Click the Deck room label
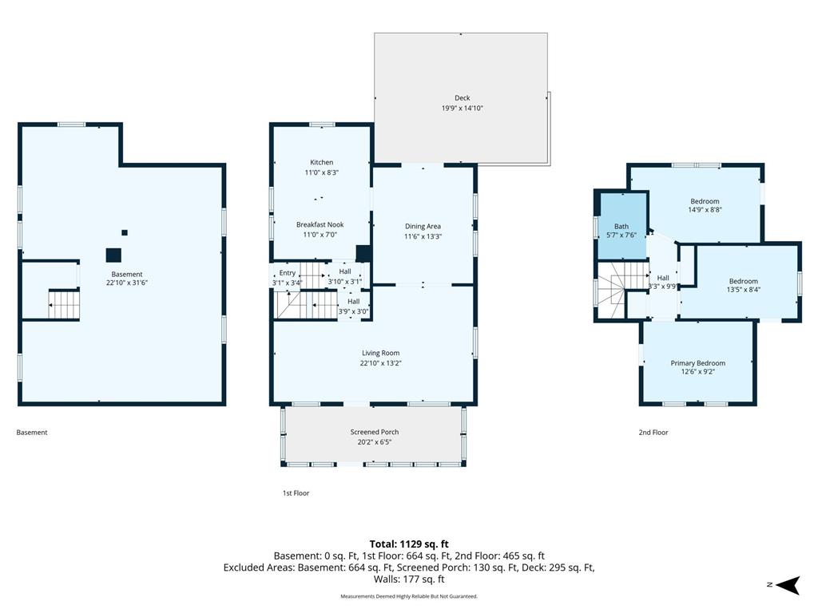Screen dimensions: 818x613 pyautogui.click(x=462, y=98)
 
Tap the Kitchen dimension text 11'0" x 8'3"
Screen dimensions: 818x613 pyautogui.click(x=321, y=172)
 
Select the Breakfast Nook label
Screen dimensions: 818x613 pyautogui.click(x=320, y=224)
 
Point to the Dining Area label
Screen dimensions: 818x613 pyautogui.click(x=423, y=226)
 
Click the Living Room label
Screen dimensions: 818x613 pyautogui.click(x=380, y=353)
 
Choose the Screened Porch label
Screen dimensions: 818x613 pyautogui.click(x=374, y=432)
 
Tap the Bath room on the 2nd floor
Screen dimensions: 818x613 pyautogui.click(x=622, y=226)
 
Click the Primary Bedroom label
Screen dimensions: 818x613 pyautogui.click(x=697, y=363)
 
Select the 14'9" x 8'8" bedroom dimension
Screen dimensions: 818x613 pyautogui.click(x=705, y=210)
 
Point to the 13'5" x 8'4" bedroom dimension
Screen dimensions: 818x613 pyautogui.click(x=744, y=290)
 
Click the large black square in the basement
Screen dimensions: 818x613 pyautogui.click(x=113, y=255)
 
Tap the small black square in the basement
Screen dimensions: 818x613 pyautogui.click(x=124, y=232)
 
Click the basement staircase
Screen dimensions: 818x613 pyautogui.click(x=64, y=304)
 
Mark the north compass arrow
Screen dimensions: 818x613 pyautogui.click(x=788, y=585)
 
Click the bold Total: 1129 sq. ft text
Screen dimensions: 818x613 pyautogui.click(x=409, y=544)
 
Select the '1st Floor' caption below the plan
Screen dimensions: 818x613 pyautogui.click(x=296, y=493)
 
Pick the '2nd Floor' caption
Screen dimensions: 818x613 pyautogui.click(x=653, y=432)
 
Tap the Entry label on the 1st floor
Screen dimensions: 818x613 pyautogui.click(x=287, y=273)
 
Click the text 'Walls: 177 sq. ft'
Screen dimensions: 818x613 pyautogui.click(x=409, y=579)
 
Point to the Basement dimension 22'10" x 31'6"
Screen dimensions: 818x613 pyautogui.click(x=127, y=283)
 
